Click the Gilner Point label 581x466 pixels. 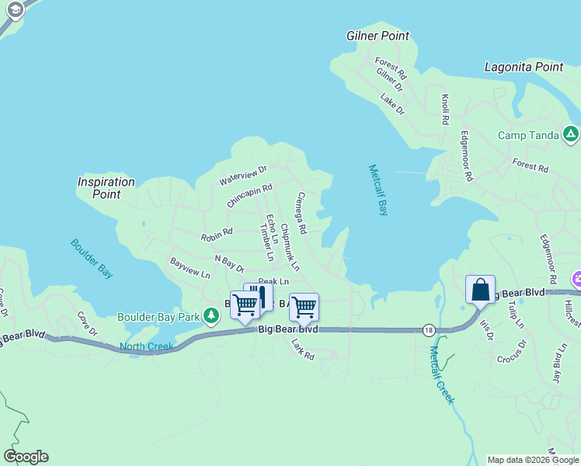coord(377,36)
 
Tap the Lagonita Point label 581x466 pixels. coord(524,68)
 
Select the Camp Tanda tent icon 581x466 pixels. coord(571,134)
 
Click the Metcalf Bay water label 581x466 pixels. coord(377,190)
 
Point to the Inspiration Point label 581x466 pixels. coord(106,188)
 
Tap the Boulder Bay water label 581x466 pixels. coord(92,258)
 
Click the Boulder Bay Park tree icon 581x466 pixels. coord(210,316)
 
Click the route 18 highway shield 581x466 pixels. coord(430,330)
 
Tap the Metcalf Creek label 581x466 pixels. coord(441,375)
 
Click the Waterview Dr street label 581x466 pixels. coord(242,174)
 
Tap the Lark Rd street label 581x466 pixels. coord(302,349)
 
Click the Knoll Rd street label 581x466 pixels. coord(445,110)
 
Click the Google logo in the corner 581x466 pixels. coord(26,457)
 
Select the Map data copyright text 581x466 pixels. coord(533,460)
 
